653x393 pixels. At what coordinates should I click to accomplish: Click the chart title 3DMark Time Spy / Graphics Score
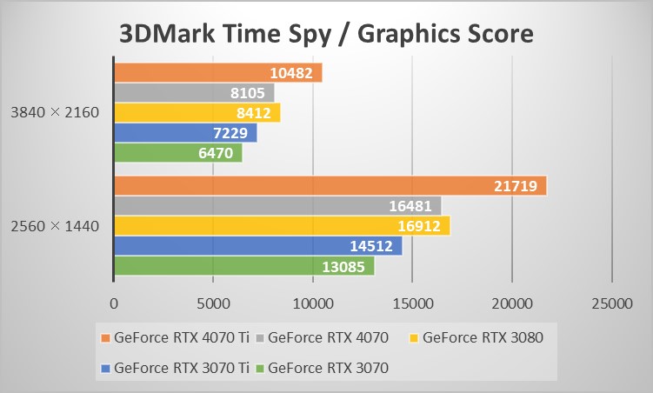click(x=326, y=34)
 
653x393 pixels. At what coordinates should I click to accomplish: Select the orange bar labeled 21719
click(x=330, y=185)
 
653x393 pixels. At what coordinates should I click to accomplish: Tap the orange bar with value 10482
click(x=217, y=73)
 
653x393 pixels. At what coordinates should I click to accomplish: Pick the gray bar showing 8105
click(x=194, y=93)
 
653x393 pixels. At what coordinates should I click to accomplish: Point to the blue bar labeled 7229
click(x=185, y=133)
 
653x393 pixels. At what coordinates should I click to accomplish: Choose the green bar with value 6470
click(x=178, y=153)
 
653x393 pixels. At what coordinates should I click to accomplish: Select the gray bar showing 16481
click(x=277, y=205)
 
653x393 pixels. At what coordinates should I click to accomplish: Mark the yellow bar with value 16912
click(x=282, y=226)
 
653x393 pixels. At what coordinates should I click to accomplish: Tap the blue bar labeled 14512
click(x=258, y=246)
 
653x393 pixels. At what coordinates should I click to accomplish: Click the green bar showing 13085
click(x=244, y=266)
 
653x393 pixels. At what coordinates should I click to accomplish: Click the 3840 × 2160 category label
click(x=56, y=113)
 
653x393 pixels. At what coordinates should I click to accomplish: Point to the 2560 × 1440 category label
click(x=56, y=226)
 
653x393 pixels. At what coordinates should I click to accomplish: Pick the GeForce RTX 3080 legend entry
click(x=483, y=337)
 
